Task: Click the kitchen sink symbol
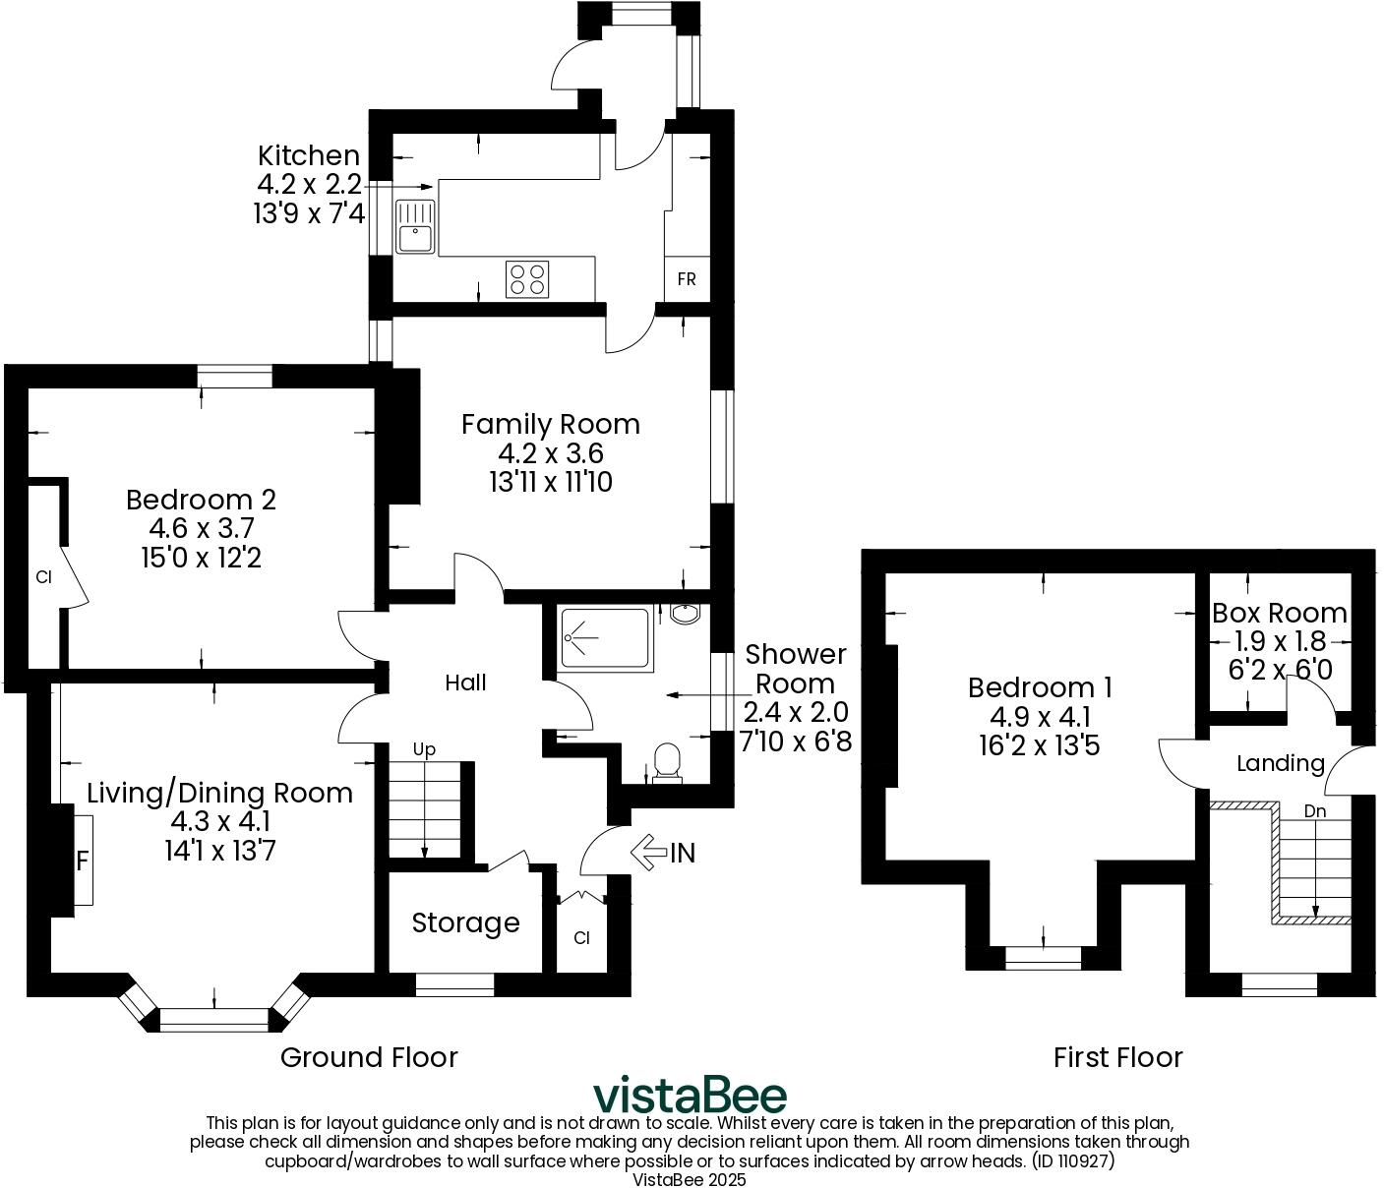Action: pos(415,227)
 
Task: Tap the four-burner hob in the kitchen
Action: pos(527,278)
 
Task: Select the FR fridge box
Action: pos(687,279)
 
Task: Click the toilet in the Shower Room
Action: pos(668,762)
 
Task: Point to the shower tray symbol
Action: pos(604,640)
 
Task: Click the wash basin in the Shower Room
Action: pos(685,614)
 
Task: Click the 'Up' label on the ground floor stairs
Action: pos(424,749)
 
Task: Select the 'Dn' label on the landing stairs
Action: pos(1315,811)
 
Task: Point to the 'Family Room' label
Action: pos(550,424)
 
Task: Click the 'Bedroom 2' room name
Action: pos(201,500)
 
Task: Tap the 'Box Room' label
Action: pos(1279,613)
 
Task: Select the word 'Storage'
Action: pos(465,922)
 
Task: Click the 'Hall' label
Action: pos(465,683)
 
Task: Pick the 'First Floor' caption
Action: pos(1117,1057)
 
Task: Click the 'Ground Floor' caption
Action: pos(369,1057)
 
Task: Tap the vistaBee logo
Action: pos(690,1095)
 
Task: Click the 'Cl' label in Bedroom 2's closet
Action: pos(43,577)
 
